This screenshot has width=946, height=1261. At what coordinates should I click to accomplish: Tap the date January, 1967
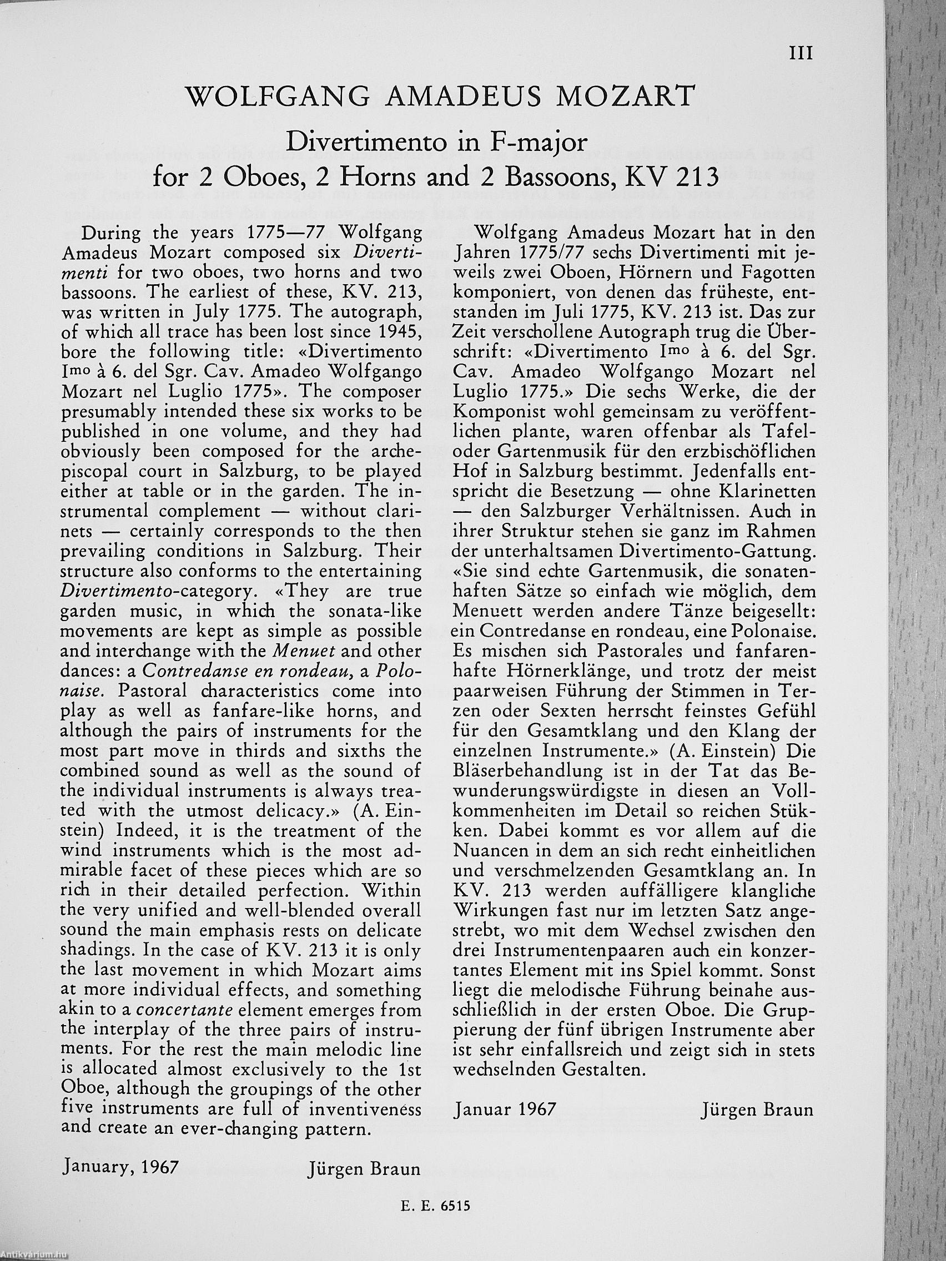(x=119, y=1164)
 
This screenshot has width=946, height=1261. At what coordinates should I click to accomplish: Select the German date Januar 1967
(x=505, y=1110)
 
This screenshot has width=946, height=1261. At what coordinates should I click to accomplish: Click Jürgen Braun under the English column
(x=364, y=1169)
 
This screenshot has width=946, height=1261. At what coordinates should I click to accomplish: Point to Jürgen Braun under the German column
(x=758, y=1110)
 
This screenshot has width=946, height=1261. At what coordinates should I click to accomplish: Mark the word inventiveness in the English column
(x=365, y=1110)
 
